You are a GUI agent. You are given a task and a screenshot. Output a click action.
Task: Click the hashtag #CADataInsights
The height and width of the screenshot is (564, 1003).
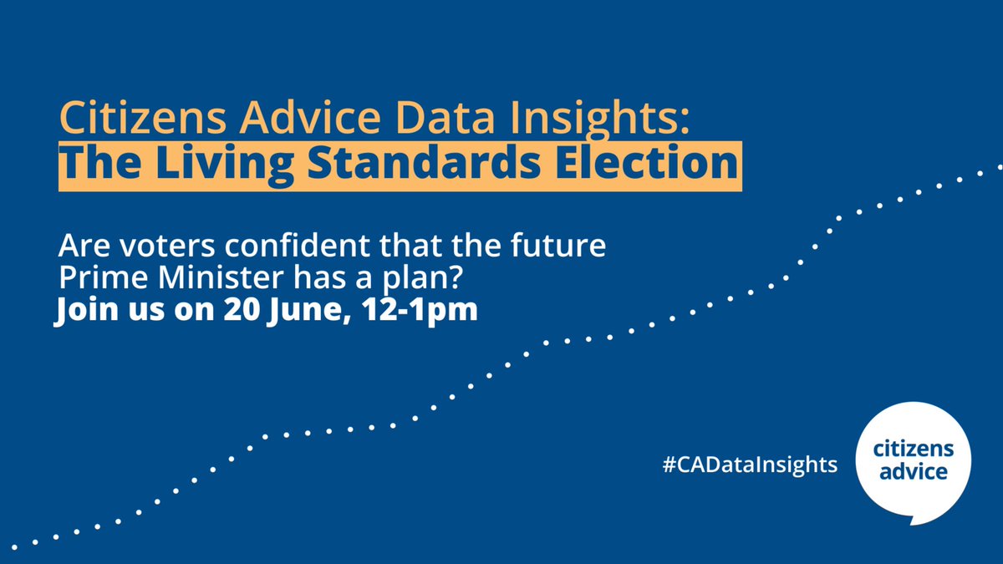tap(750, 465)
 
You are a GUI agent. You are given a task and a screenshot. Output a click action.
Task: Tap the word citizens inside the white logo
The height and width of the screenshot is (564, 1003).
tap(911, 451)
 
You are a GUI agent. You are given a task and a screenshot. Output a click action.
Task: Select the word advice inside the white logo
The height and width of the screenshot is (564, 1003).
tap(911, 472)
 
